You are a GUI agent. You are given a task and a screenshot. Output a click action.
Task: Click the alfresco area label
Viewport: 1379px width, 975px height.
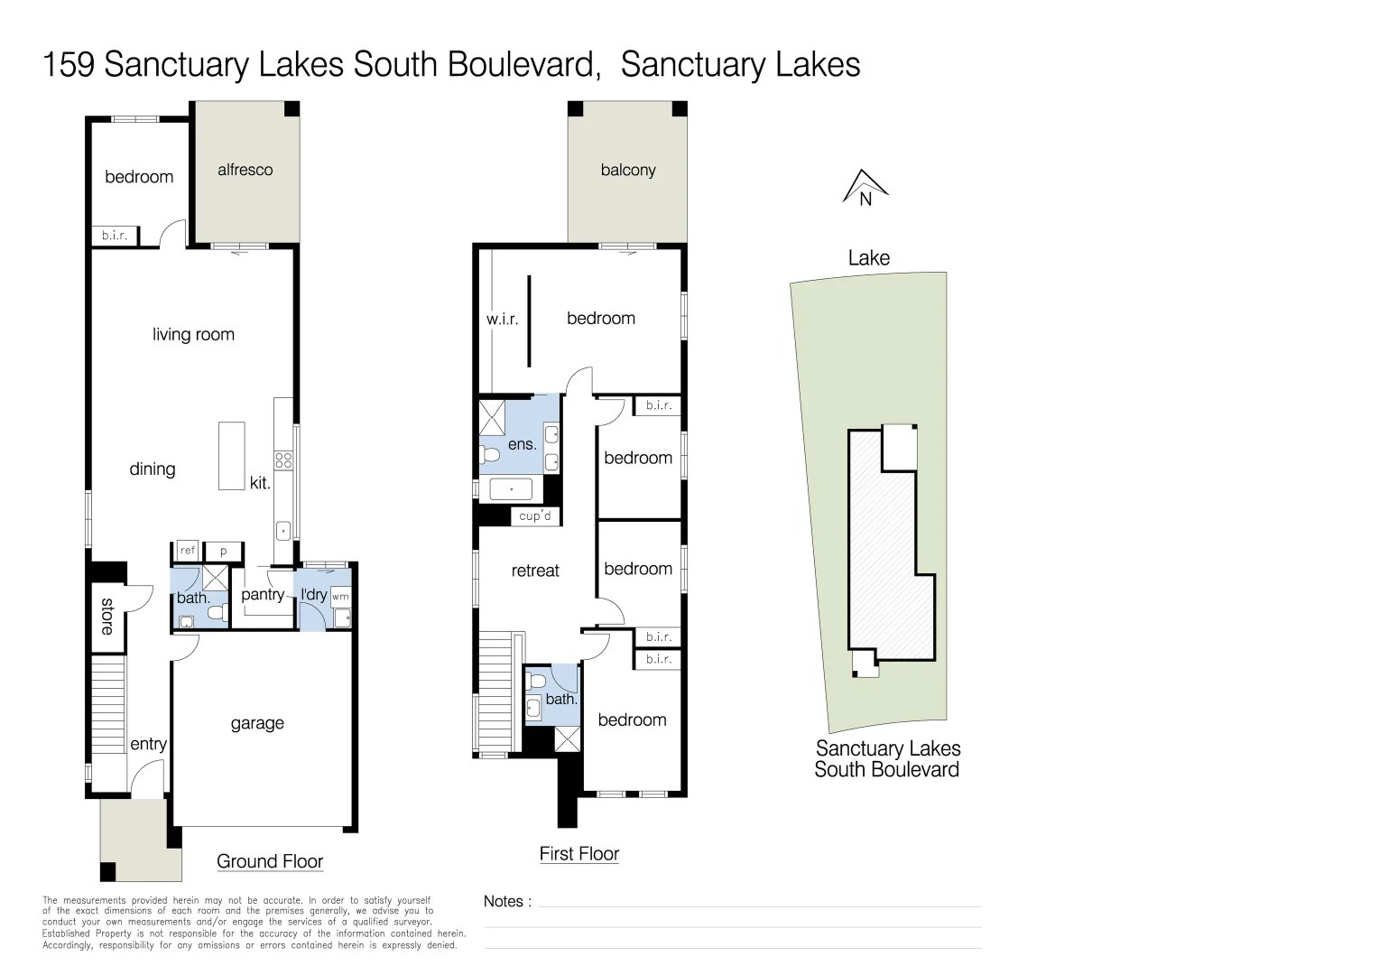[245, 170]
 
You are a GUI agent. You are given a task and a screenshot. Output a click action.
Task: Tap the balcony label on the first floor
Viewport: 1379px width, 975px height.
[628, 170]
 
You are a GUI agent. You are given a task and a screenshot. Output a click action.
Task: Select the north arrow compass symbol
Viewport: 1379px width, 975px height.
[865, 188]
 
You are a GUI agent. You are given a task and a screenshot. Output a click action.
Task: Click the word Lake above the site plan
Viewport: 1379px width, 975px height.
[868, 258]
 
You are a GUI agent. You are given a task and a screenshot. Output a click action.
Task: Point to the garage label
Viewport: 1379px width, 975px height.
[257, 723]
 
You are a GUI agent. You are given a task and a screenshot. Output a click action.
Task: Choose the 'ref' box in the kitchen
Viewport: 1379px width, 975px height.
[188, 550]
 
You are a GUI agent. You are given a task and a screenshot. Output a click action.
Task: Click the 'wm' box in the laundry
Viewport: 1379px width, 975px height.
[340, 597]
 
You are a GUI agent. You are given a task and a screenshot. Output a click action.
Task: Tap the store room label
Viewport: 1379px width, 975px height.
[107, 616]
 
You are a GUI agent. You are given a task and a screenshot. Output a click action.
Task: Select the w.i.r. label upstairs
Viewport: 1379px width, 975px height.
[502, 320]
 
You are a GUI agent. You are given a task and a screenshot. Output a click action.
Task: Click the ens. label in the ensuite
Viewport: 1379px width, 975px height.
[522, 443]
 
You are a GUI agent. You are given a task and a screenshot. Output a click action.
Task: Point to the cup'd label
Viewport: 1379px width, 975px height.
[535, 516]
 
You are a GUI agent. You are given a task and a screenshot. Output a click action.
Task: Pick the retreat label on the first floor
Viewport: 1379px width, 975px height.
[535, 571]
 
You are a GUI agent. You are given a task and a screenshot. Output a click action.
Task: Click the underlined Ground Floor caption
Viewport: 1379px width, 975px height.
[270, 861]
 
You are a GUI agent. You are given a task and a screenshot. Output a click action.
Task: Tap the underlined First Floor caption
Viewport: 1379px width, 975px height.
[579, 853]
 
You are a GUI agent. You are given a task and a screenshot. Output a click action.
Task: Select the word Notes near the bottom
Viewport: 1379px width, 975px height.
[504, 901]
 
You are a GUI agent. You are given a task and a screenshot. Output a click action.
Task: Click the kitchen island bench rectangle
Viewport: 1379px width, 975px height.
[232, 456]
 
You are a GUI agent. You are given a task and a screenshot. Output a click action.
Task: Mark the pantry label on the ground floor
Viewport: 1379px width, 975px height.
[263, 594]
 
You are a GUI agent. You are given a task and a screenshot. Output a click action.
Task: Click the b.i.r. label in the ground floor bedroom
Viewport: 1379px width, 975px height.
[115, 236]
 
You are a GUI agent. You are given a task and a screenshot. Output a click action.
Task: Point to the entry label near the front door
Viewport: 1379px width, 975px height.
[149, 744]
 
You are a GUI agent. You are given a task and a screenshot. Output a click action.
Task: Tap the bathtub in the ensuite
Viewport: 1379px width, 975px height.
[511, 489]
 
